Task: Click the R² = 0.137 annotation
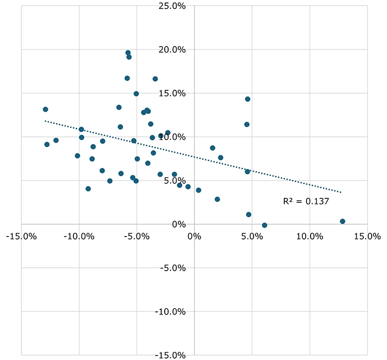tap(306, 201)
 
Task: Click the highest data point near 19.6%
tap(128, 53)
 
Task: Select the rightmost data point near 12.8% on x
tap(342, 221)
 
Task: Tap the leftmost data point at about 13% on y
tap(45, 109)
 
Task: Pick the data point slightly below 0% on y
tap(264, 225)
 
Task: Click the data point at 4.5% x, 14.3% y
tap(248, 99)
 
